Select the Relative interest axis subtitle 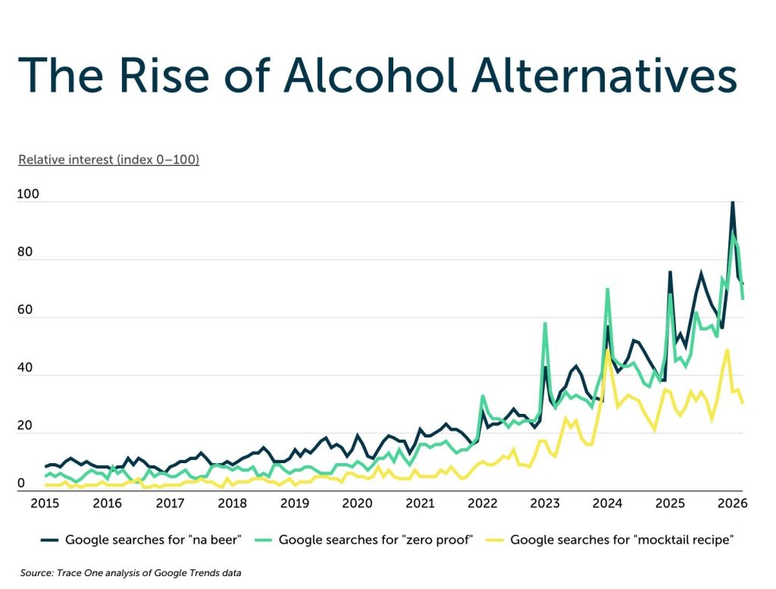tap(108, 160)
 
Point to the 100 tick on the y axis tap(27, 195)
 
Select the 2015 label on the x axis tap(45, 503)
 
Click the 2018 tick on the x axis tap(232, 503)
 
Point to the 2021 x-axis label tap(419, 503)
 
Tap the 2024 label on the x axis tap(606, 503)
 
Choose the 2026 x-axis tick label tap(731, 503)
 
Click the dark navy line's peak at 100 tap(732, 202)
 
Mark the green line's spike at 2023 tap(545, 324)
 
